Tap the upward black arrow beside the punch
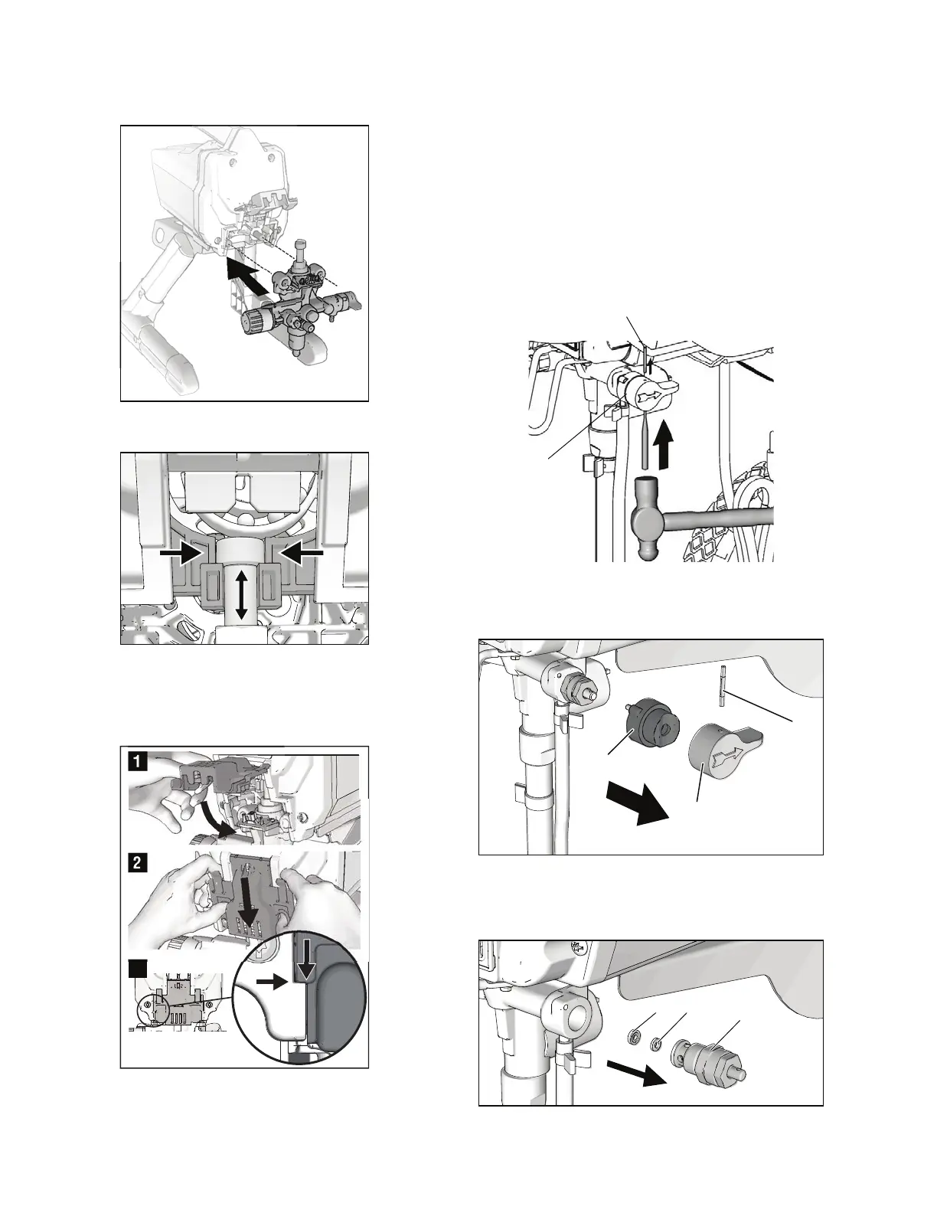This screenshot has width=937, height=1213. [x=664, y=442]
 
